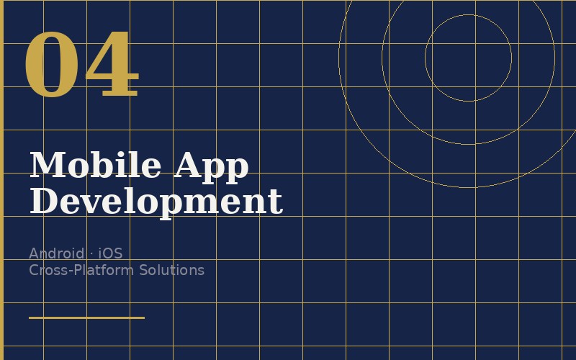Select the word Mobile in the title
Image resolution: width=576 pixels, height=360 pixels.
tap(95, 165)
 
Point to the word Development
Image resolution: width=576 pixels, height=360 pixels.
tap(156, 202)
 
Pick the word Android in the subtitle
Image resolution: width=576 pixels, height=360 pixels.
tap(56, 253)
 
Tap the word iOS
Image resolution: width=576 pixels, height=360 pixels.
tap(110, 253)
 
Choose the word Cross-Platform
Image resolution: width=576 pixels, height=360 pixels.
tap(82, 270)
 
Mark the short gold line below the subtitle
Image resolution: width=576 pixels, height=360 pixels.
tap(86, 317)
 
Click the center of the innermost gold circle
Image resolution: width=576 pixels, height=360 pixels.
tap(468, 58)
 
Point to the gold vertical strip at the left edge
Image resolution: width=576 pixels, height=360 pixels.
tap(1, 180)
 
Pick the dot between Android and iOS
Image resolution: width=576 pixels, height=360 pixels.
tap(91, 253)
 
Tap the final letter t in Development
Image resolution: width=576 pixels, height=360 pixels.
tap(277, 202)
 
